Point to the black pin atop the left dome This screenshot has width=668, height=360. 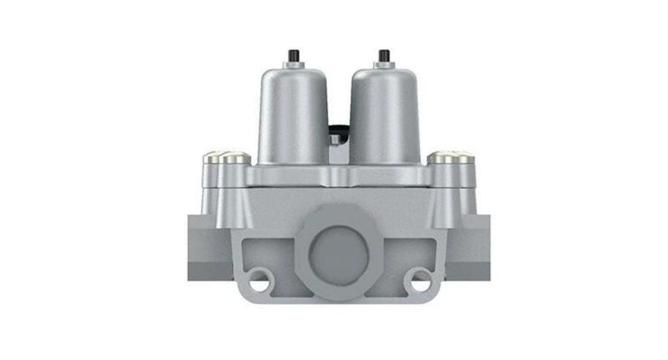293,56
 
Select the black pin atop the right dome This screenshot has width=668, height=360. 383,56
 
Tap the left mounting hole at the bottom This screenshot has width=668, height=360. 260,281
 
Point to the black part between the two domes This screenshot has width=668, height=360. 337,129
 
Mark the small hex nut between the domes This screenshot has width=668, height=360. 335,139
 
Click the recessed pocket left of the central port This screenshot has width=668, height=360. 269,251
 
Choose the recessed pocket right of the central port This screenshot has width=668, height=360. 407,251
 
